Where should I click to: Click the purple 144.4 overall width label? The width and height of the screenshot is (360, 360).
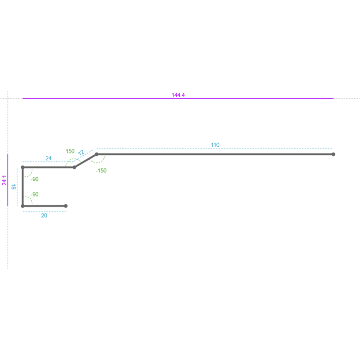[178, 95]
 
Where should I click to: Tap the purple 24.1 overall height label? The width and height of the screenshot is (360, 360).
[4, 180]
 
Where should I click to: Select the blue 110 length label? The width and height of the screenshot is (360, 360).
[215, 145]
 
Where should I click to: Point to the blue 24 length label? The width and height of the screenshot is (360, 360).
[49, 158]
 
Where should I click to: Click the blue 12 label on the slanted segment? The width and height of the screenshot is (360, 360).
[81, 153]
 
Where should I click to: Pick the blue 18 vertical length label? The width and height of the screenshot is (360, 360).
[13, 187]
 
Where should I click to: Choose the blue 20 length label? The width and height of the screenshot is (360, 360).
[44, 216]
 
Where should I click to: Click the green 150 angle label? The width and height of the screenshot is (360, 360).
[70, 151]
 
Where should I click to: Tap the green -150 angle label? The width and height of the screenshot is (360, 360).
[101, 171]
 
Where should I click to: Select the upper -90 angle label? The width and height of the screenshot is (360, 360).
[35, 179]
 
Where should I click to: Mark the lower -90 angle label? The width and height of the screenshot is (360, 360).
[35, 194]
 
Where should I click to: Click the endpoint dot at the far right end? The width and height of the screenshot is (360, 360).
[333, 154]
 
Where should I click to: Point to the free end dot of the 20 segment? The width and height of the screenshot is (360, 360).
[66, 206]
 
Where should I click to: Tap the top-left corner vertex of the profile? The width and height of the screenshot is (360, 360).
[23, 167]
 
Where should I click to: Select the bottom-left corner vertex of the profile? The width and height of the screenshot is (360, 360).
[23, 206]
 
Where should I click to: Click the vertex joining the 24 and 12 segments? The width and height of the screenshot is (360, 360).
[74, 167]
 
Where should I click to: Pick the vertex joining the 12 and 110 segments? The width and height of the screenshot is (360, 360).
[97, 154]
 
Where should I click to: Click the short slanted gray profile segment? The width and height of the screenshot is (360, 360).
[85, 161]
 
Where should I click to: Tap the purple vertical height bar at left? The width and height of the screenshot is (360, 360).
[8, 180]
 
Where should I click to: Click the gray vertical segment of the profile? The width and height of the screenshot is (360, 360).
[23, 187]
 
